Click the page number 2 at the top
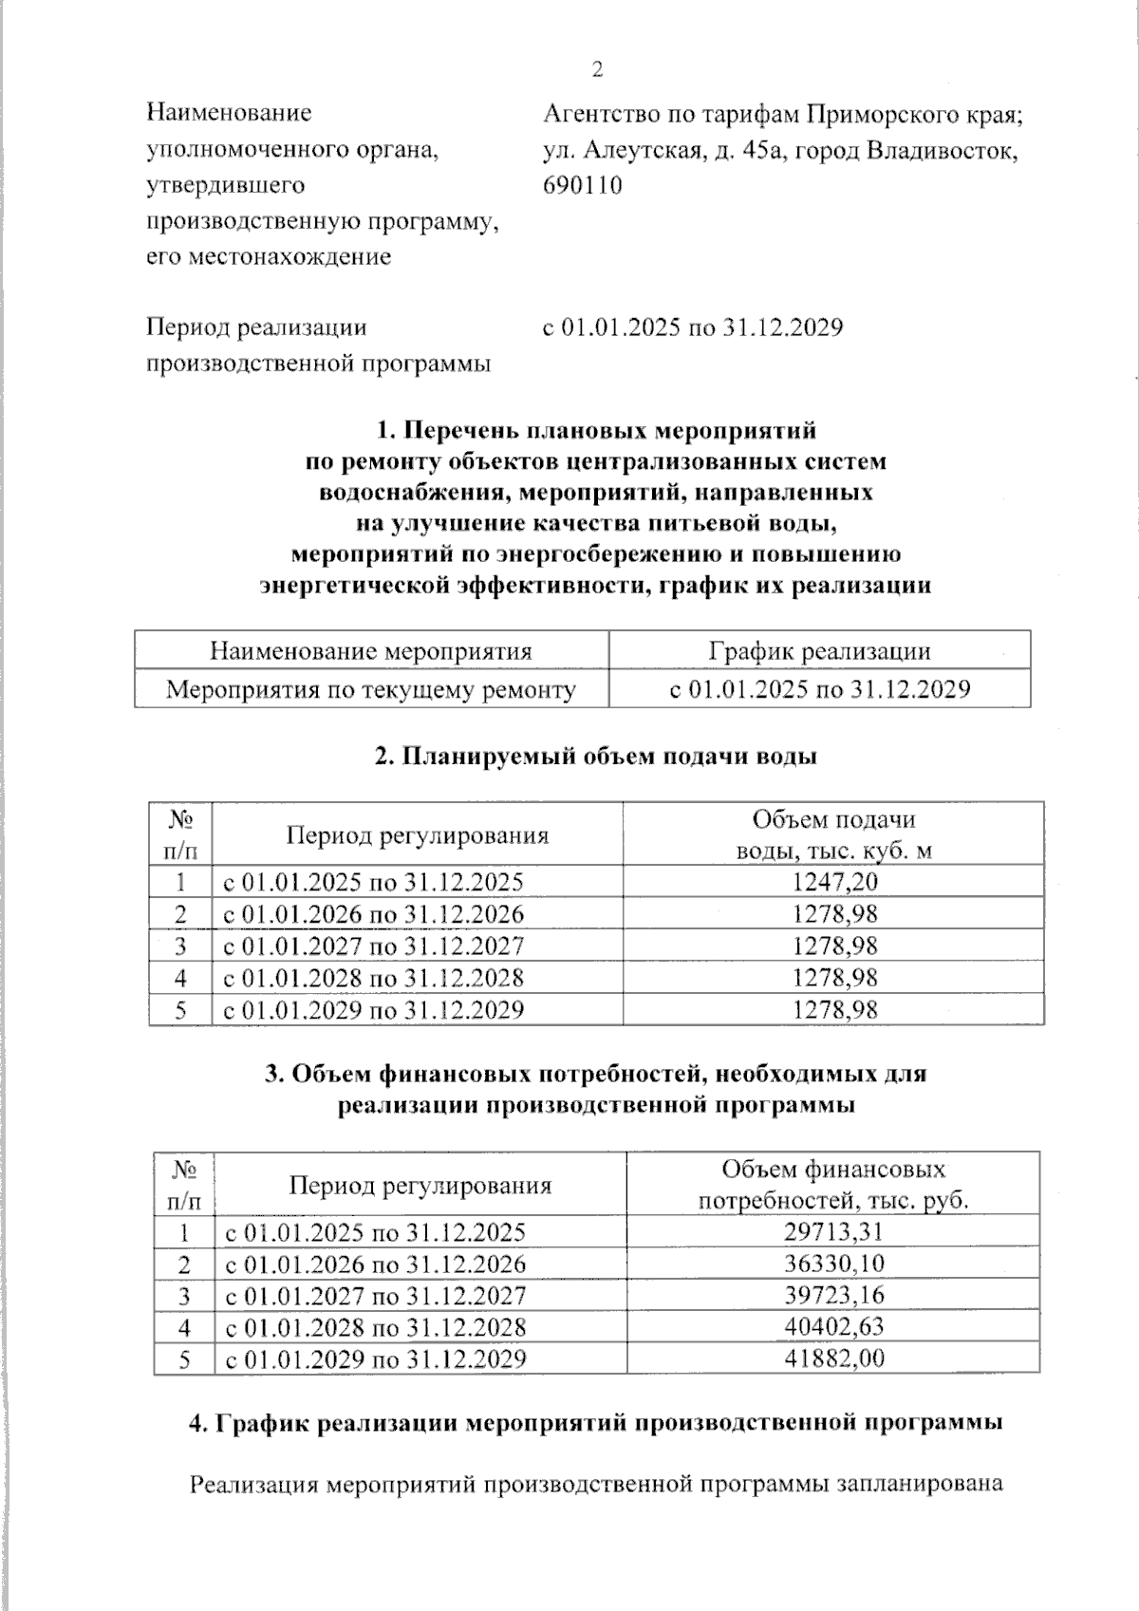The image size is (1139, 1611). pyautogui.click(x=597, y=69)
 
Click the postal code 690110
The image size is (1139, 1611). pyautogui.click(x=583, y=185)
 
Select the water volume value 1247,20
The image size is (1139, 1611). pyautogui.click(x=834, y=882)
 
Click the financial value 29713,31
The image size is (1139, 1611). pyautogui.click(x=834, y=1232)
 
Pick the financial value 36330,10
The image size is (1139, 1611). pyautogui.click(x=834, y=1264)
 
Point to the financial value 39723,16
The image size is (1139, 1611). pyautogui.click(x=834, y=1295)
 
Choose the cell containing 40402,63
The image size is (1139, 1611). pyautogui.click(x=834, y=1326)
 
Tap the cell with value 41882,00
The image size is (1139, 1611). pyautogui.click(x=834, y=1358)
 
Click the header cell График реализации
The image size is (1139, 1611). pyautogui.click(x=819, y=651)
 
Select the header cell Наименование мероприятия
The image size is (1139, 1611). pyautogui.click(x=371, y=651)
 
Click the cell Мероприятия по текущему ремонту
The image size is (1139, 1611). pyautogui.click(x=371, y=689)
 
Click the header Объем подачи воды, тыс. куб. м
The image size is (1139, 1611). pyautogui.click(x=834, y=834)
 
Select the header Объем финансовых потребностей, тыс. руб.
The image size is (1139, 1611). pyautogui.click(x=834, y=1184)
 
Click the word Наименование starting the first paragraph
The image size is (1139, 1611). pyautogui.click(x=229, y=114)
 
